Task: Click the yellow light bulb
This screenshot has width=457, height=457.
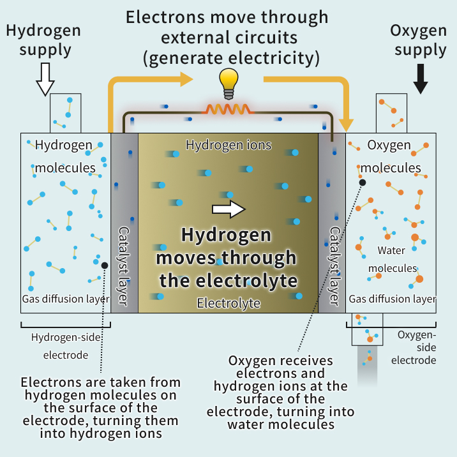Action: click(x=228, y=82)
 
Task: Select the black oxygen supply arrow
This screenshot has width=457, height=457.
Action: click(x=420, y=79)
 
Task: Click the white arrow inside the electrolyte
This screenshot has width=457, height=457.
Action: click(x=228, y=209)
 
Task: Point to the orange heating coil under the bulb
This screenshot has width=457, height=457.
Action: click(x=228, y=109)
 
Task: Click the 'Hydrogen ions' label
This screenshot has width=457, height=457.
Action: click(x=228, y=146)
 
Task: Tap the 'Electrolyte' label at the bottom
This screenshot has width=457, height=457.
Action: click(x=228, y=303)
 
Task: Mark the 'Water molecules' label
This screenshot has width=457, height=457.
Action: click(x=393, y=259)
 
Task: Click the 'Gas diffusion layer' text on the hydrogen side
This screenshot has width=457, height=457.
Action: click(x=66, y=299)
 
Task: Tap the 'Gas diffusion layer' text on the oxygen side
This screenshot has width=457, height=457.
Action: click(x=393, y=299)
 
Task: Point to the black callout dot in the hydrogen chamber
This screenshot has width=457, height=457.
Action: click(x=105, y=264)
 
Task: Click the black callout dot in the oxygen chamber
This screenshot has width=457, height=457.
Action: click(x=363, y=183)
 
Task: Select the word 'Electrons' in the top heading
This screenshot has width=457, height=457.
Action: click(x=163, y=17)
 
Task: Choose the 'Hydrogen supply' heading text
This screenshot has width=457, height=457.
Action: click(x=45, y=40)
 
